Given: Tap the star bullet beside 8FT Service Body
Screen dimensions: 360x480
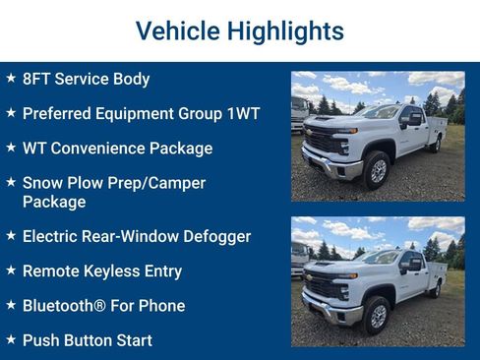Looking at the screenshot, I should pyautogui.click(x=10, y=78).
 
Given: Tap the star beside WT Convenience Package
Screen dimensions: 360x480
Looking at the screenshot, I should pyautogui.click(x=10, y=148).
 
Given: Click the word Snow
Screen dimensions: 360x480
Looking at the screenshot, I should pyautogui.click(x=41, y=183).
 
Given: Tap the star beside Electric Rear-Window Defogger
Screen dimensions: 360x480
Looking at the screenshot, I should pyautogui.click(x=10, y=236).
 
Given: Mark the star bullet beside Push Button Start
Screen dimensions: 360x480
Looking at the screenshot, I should pyautogui.click(x=10, y=340).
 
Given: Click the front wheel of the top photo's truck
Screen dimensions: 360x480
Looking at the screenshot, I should pyautogui.click(x=376, y=170).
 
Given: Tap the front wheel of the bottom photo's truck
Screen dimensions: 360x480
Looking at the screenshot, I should pyautogui.click(x=376, y=315).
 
